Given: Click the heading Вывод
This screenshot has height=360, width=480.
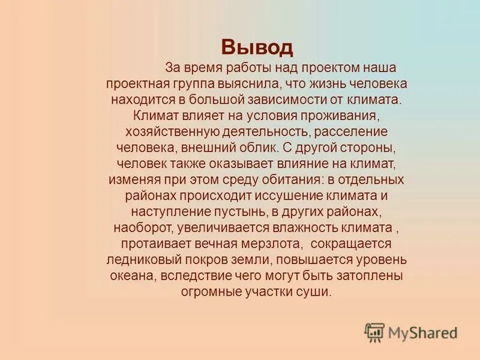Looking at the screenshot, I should [x=257, y=47].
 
